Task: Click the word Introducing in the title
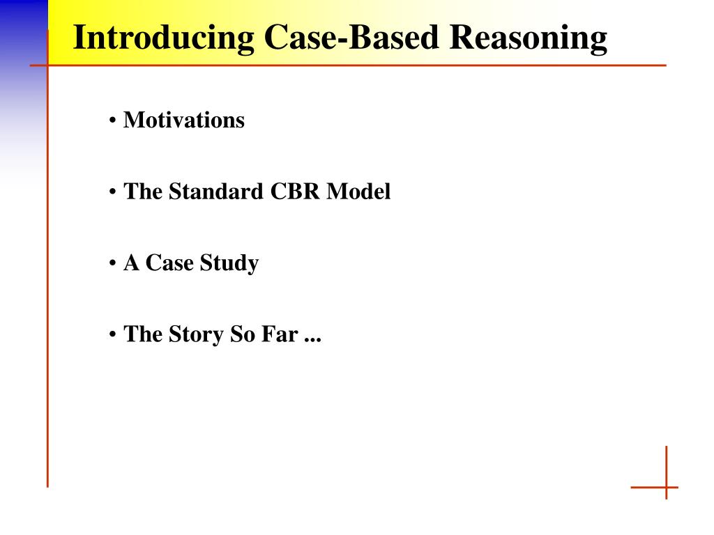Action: [x=164, y=38]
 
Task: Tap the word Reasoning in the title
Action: [x=528, y=38]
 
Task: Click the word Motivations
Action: [x=184, y=120]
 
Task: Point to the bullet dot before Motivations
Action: [x=113, y=121]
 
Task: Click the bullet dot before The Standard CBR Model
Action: [x=113, y=193]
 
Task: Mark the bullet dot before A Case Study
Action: [x=113, y=265]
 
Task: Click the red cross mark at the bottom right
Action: [x=666, y=486]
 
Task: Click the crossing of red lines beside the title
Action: [x=47, y=65]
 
